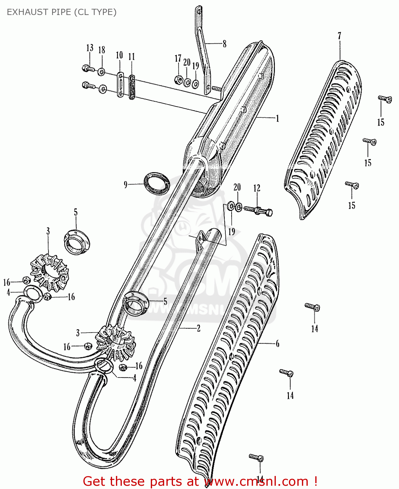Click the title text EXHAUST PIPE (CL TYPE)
[62, 12]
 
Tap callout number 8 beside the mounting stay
[224, 44]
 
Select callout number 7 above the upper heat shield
[339, 36]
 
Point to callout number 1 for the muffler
[277, 118]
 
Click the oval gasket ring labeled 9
[157, 184]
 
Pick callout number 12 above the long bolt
[257, 188]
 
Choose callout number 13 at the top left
[90, 48]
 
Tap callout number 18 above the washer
[102, 50]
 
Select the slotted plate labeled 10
[120, 85]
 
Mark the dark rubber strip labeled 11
[132, 87]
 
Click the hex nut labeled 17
[178, 79]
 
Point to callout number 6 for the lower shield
[277, 344]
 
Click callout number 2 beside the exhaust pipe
[198, 328]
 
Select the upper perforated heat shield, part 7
[322, 137]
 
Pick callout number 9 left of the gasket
[125, 185]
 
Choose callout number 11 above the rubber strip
[131, 57]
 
